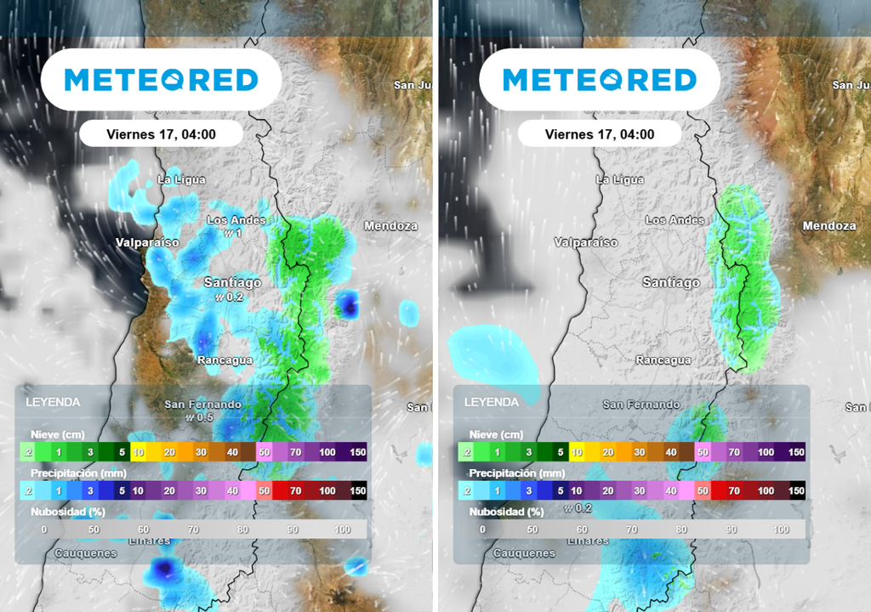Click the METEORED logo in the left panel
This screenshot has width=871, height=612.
coord(161,80)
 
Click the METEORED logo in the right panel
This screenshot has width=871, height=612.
coord(600,80)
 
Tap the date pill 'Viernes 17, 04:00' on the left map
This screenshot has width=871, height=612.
coord(161,134)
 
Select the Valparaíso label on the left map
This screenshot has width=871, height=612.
coord(148,242)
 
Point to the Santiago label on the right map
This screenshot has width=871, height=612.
coord(671,282)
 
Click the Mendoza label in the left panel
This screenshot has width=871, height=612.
coord(390,226)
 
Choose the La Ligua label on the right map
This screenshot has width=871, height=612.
coord(620,179)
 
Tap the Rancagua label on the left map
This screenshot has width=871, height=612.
coord(225,360)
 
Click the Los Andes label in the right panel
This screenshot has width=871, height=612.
coord(675,220)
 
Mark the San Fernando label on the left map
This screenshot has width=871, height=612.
coord(203,405)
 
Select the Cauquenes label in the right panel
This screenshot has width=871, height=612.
coord(524,553)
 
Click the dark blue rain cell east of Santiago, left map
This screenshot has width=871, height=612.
coord(347,303)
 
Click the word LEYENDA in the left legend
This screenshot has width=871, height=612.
coord(53,402)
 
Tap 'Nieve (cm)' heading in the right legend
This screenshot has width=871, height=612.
coord(496,434)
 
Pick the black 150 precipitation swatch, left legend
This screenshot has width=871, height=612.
coord(358,490)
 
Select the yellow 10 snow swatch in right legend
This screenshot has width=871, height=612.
coord(576,452)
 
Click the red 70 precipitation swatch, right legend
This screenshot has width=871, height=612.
coord(721,490)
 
